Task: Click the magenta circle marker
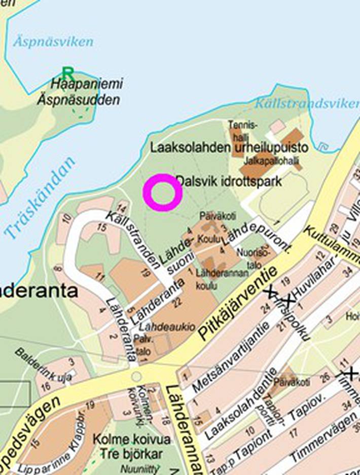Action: point(162,192)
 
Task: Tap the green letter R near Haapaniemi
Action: point(67,72)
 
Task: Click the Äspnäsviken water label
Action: point(53,41)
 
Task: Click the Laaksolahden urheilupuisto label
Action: point(229,148)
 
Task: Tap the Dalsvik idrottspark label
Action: point(228,181)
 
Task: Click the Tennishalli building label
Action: point(243,129)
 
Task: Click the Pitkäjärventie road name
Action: point(238,303)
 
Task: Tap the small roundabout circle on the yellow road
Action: point(136,376)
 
